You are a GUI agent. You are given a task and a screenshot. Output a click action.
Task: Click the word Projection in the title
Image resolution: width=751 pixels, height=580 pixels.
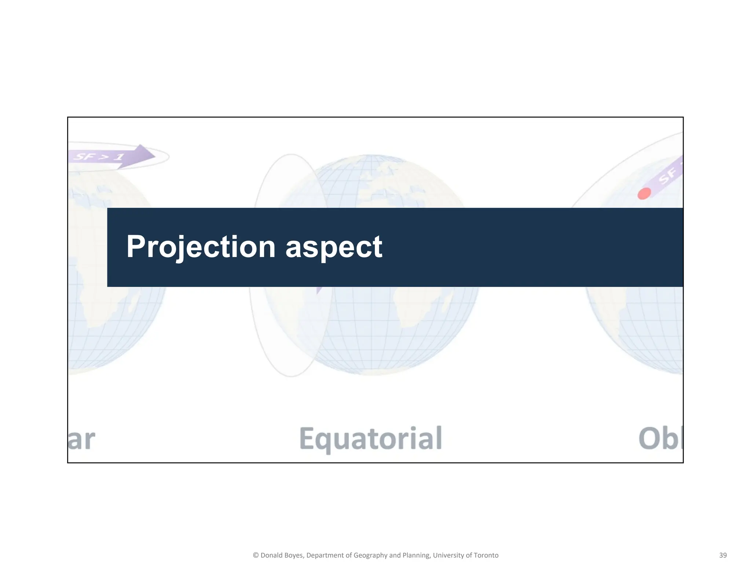pyautogui.click(x=201, y=247)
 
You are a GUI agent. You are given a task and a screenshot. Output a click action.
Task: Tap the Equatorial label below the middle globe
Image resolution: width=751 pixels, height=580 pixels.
pyautogui.click(x=371, y=438)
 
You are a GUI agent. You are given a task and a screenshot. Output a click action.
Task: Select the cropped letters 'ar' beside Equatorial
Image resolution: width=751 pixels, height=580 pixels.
pyautogui.click(x=81, y=439)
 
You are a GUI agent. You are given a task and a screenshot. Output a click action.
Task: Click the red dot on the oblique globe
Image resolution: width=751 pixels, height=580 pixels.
pyautogui.click(x=644, y=193)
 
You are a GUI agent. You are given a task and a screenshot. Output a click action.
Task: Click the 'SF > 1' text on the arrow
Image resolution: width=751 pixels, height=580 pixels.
pyautogui.click(x=99, y=157)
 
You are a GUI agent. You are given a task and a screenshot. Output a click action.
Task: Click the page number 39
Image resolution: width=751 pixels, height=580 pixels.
pyautogui.click(x=723, y=555)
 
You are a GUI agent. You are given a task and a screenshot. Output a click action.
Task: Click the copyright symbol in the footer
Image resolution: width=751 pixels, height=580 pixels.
pyautogui.click(x=256, y=555)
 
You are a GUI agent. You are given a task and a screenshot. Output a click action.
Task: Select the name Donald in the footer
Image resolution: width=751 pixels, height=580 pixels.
pyautogui.click(x=272, y=555)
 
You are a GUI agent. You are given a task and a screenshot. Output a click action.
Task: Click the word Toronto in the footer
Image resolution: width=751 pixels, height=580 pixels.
pyautogui.click(x=486, y=555)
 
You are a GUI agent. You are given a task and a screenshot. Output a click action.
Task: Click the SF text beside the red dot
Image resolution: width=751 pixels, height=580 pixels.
pyautogui.click(x=667, y=176)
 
